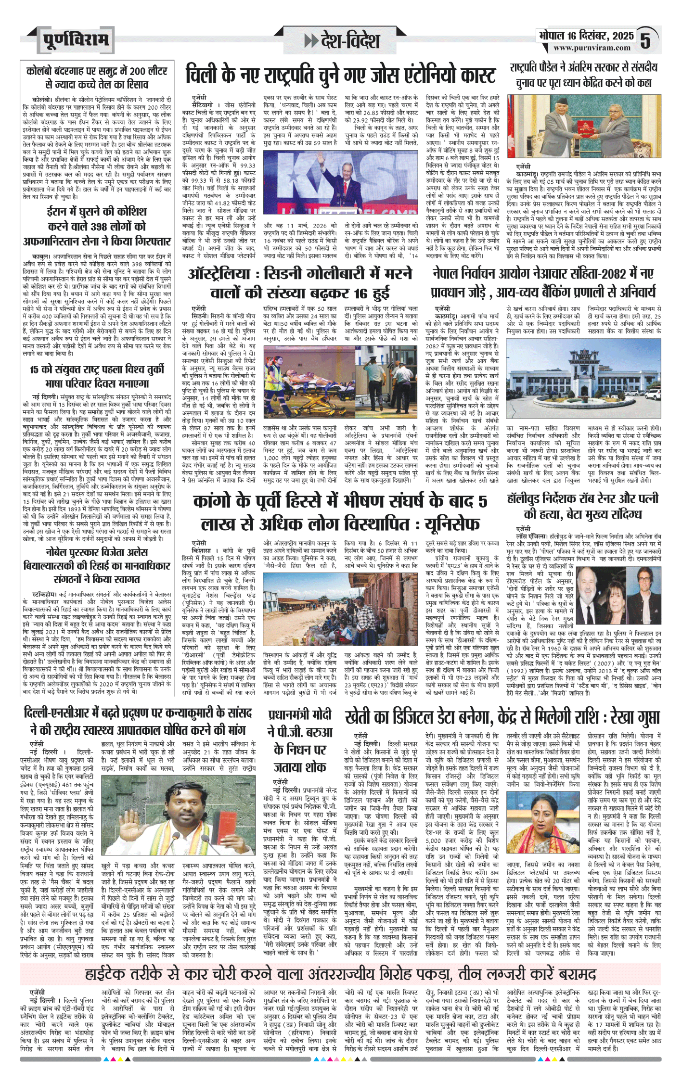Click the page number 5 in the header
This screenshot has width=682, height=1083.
646,40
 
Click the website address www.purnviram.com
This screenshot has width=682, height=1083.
592,48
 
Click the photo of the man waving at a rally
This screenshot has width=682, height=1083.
341,182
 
